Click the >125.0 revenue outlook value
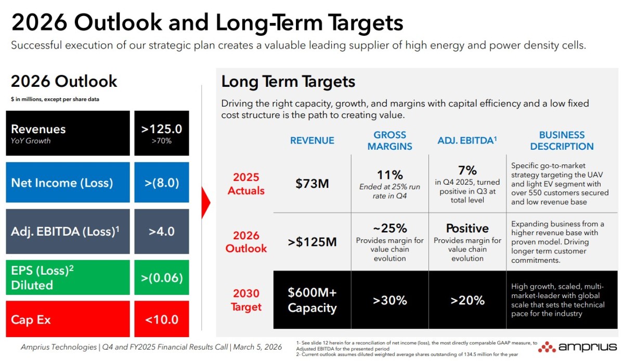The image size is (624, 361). click(162, 129)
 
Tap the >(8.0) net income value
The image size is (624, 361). click(162, 183)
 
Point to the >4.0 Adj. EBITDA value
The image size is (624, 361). click(162, 231)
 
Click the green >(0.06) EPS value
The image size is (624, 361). click(162, 278)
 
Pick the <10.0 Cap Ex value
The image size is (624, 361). click(162, 319)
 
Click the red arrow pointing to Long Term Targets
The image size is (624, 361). click(205, 203)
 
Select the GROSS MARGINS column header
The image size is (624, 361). click(389, 140)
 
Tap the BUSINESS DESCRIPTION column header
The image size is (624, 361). click(562, 140)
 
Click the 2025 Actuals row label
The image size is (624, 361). click(246, 184)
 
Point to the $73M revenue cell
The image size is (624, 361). click(312, 184)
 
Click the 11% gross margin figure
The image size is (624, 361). click(389, 175)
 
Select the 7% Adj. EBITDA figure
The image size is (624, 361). click(467, 170)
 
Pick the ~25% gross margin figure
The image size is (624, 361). click(389, 228)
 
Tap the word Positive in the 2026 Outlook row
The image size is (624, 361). click(467, 228)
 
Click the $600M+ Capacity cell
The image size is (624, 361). click(312, 300)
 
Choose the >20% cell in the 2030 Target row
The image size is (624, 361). click(467, 300)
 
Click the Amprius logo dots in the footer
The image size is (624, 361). click(547, 347)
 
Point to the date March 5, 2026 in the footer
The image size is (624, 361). click(257, 347)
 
